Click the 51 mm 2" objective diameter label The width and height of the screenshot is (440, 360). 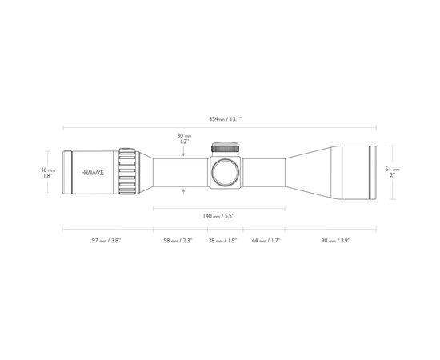click(392, 171)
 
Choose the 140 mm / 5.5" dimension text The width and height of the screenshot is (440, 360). click(218, 215)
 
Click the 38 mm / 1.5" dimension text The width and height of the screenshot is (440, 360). click(224, 240)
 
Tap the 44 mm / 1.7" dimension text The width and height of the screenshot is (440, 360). click(265, 240)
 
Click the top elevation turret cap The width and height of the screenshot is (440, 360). click(226, 147)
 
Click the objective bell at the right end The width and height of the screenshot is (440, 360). click(357, 171)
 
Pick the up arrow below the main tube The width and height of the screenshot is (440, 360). click(185, 190)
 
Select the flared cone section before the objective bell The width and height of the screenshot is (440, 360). click(312, 171)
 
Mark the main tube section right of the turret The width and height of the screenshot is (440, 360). click(264, 171)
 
